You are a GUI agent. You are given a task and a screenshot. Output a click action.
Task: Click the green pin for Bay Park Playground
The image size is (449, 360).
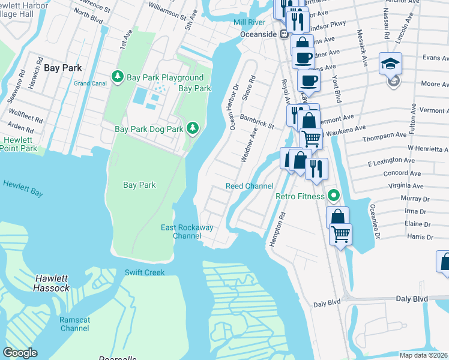pyautogui.click(x=118, y=77)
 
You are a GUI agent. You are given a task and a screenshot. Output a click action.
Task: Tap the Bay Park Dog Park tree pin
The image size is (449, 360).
pyautogui.click(x=193, y=128)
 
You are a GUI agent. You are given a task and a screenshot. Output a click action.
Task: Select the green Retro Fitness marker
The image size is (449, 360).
pyautogui.click(x=332, y=196)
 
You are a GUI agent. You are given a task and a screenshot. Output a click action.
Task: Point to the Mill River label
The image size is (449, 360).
pyautogui.click(x=250, y=23)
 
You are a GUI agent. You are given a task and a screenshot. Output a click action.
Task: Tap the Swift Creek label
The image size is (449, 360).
pyautogui.click(x=144, y=272)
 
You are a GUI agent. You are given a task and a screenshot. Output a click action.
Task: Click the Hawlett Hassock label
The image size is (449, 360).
pyautogui.click(x=52, y=283)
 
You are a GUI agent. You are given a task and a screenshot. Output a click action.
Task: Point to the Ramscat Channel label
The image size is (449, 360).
pyautogui.click(x=74, y=324)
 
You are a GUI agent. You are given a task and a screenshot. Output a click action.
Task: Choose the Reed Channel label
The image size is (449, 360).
pyautogui.click(x=249, y=186)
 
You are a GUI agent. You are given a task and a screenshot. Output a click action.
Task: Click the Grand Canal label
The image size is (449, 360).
pyautogui.click(x=90, y=83)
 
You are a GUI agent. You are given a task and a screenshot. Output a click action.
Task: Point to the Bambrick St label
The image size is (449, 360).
pyautogui.click(x=257, y=122)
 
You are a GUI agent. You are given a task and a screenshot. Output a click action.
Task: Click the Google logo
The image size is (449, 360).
pyautogui.click(x=20, y=353)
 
